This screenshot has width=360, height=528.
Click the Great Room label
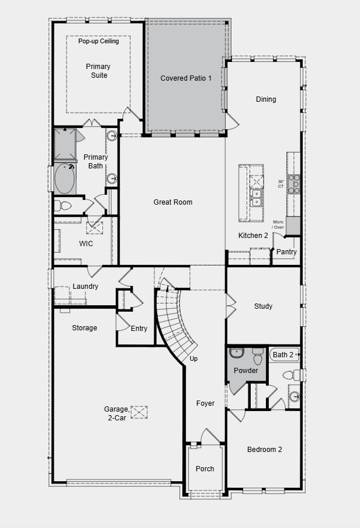point(172,202)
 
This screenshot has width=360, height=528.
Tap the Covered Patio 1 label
point(186,78)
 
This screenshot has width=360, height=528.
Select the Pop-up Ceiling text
point(98,42)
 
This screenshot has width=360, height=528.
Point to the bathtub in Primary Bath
point(65,179)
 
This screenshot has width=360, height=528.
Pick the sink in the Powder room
point(237,353)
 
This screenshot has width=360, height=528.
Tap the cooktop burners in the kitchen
point(293,184)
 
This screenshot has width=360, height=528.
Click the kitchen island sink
point(255,198)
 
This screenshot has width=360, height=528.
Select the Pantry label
point(286,252)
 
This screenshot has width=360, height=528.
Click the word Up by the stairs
point(193,359)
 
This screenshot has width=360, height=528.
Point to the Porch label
point(205,468)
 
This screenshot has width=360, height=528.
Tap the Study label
point(263,306)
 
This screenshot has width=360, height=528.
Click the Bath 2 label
point(283,355)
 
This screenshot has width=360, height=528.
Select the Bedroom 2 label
point(264,450)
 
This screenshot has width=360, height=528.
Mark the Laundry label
point(85,287)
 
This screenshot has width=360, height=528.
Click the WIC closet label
point(86,244)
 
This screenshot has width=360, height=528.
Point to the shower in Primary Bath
point(64,144)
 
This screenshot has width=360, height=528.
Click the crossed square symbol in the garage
point(139,413)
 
